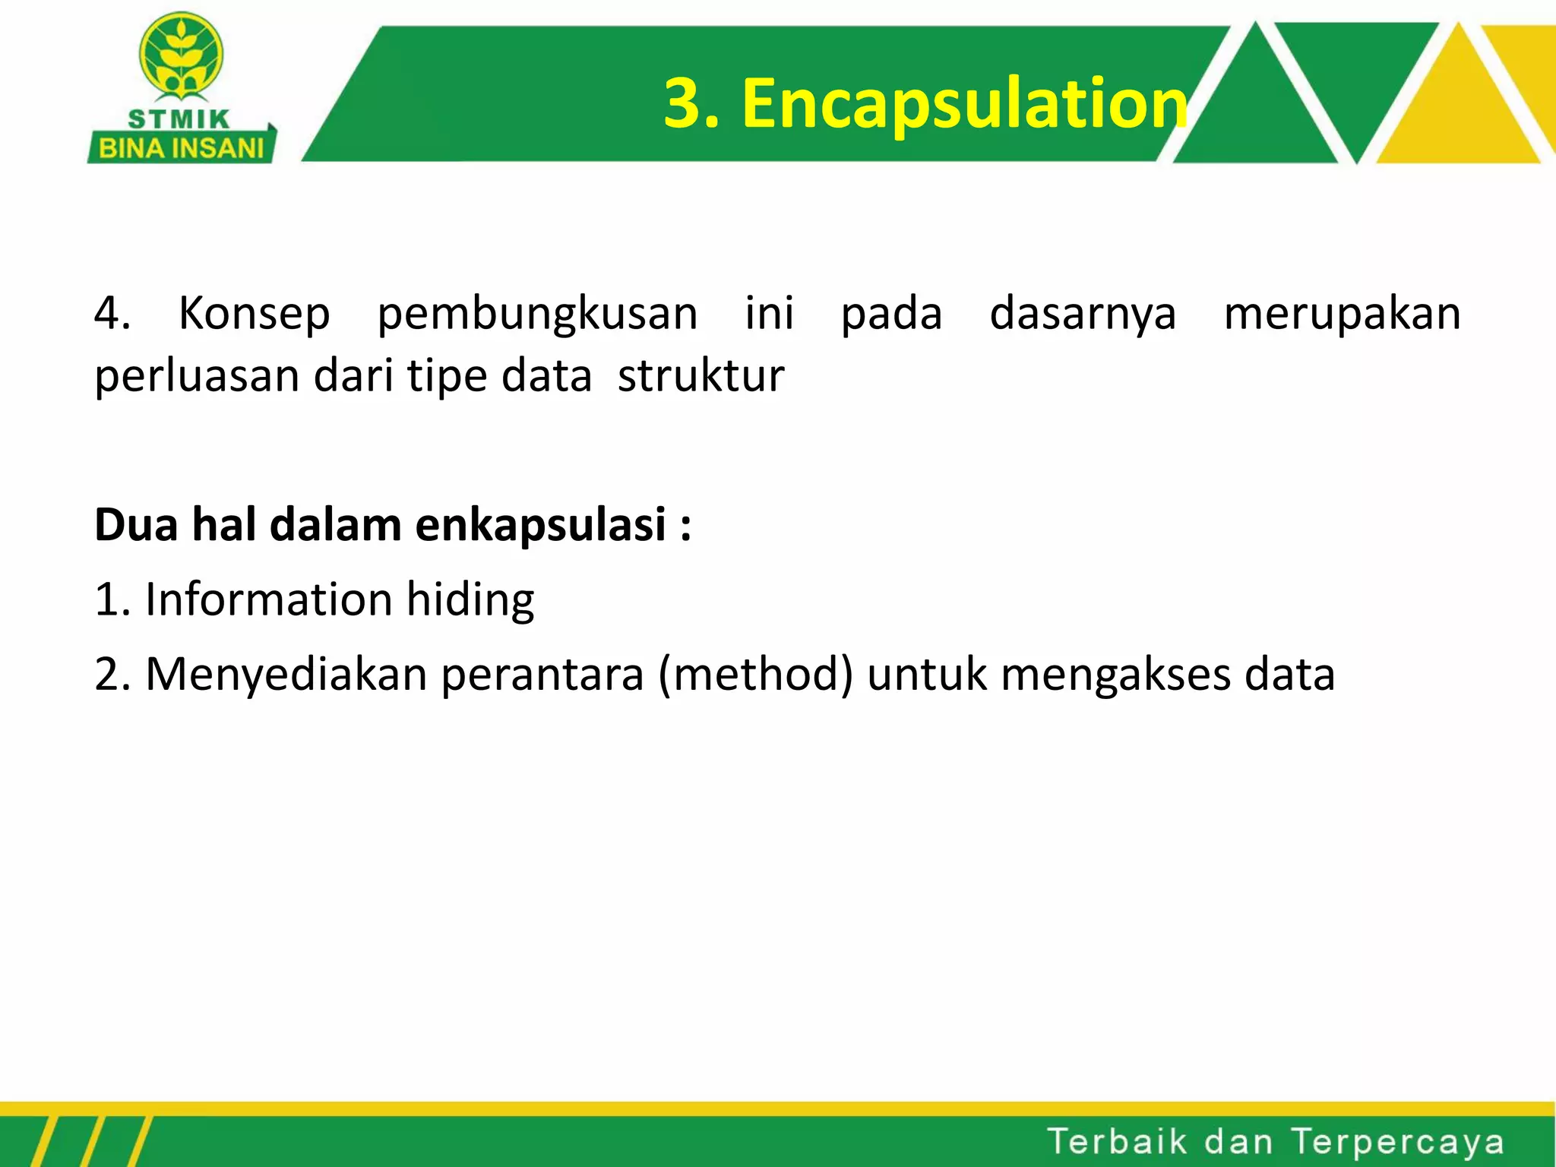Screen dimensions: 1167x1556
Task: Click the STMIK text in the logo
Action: tap(179, 119)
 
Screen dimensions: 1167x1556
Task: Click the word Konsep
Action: tap(254, 313)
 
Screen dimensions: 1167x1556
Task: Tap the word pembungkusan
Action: tap(537, 313)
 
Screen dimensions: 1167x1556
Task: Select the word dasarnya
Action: tap(1083, 313)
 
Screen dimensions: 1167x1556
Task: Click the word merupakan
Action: tap(1342, 313)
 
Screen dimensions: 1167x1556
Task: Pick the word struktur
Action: tap(701, 375)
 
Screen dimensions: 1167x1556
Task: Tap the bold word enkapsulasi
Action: tap(540, 524)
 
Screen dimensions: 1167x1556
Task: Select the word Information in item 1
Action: tap(268, 599)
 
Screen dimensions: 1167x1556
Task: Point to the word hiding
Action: tap(470, 599)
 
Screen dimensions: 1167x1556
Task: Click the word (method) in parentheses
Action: tap(756, 674)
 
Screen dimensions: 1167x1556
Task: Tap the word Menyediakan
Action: tap(286, 674)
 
